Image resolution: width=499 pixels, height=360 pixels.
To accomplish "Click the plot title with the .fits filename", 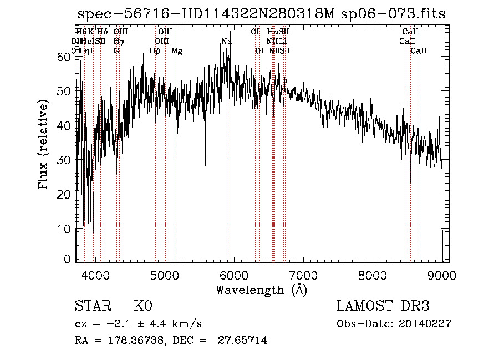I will (261, 14).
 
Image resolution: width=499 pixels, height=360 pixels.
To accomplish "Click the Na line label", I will (226, 42).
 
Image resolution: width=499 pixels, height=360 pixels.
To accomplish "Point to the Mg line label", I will (177, 51).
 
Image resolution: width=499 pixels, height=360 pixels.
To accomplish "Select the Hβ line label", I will (155, 51).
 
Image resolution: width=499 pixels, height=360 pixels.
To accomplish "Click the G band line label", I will (116, 50).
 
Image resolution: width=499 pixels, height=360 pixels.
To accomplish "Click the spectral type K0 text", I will (142, 306).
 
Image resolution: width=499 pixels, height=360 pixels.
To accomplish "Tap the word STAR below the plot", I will (93, 306).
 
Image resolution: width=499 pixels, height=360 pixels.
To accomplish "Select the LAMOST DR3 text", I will (383, 306).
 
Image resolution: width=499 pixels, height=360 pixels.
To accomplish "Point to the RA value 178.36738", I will (135, 341).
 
